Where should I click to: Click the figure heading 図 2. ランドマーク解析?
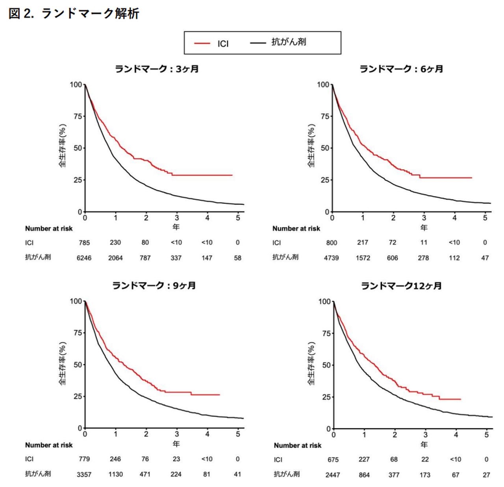74,14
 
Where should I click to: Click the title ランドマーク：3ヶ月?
157,69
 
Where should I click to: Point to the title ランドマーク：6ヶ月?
401,69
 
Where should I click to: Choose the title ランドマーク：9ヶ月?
154,286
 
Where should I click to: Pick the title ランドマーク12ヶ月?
401,286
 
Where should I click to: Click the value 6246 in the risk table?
84,258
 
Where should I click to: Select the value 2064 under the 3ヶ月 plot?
115,258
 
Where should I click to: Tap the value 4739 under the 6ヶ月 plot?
331,258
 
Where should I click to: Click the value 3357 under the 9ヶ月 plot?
84,474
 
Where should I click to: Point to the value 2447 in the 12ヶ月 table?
333,475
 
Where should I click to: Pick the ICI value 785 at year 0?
84,243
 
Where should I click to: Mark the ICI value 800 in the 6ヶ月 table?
332,243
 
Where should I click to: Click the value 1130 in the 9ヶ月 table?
115,474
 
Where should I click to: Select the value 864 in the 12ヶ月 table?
364,475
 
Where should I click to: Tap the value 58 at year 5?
237,258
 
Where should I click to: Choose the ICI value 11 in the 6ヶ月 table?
424,243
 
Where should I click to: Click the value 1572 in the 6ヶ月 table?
363,258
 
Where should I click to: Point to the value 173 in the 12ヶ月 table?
425,475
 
